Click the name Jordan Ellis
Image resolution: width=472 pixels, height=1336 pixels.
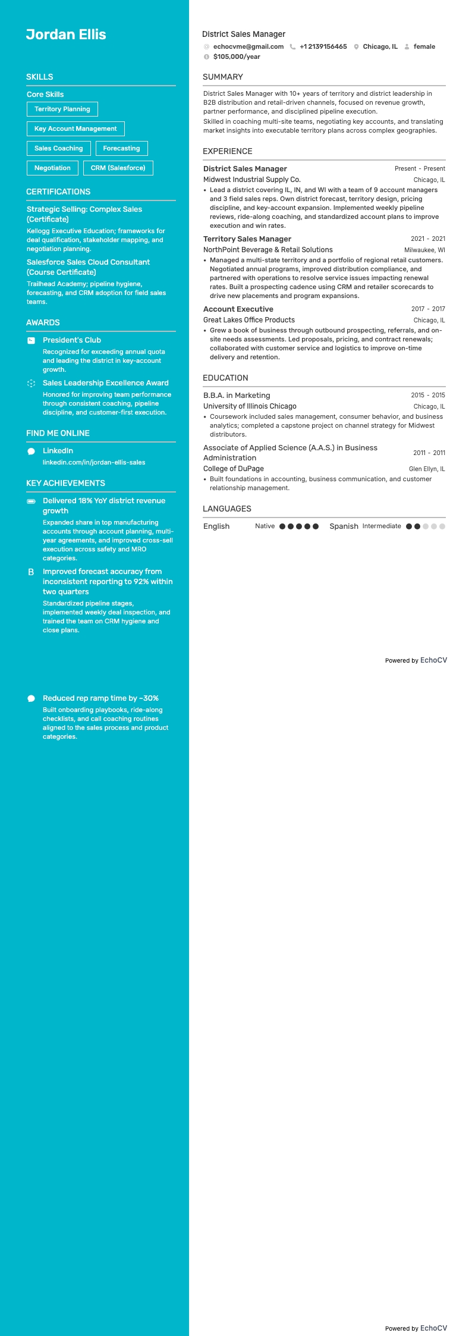pos(66,35)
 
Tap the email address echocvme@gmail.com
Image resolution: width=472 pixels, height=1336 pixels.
pos(248,46)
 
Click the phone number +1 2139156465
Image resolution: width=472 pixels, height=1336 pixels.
pos(323,46)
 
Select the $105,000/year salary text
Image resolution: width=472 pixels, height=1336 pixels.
pos(237,57)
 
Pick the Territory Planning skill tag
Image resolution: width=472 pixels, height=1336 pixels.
pos(62,109)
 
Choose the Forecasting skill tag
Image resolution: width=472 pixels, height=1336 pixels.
pos(121,148)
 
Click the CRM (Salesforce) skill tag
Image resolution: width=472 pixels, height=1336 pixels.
pos(118,168)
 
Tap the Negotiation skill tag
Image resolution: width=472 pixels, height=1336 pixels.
pos(52,168)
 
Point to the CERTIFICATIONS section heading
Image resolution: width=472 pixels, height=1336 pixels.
pos(58,192)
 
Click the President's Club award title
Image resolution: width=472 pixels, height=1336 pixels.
pos(72,340)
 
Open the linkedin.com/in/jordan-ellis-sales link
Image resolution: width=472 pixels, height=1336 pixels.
pos(94,462)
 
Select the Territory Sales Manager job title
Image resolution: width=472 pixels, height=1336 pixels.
pos(247,239)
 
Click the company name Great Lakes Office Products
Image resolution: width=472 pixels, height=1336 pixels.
pos(249,320)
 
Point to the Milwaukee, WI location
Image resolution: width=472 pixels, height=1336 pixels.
pos(424,250)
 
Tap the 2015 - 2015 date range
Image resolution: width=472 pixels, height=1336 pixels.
pos(428,395)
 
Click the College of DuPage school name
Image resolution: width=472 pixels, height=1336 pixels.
pos(234,469)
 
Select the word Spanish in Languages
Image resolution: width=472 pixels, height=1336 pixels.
pos(344,526)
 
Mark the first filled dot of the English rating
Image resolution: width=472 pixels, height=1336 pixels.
pos(282,526)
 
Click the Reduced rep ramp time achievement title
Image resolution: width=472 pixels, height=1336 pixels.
pos(100,698)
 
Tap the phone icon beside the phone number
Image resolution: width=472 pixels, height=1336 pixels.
pos(292,46)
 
